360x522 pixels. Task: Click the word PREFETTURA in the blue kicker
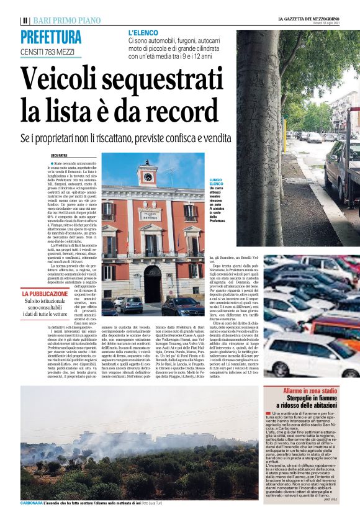click(x=51, y=37)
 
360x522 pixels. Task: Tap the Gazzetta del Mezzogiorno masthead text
click(x=308, y=20)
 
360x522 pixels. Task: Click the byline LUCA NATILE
click(x=60, y=156)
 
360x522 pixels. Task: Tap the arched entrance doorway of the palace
click(x=151, y=284)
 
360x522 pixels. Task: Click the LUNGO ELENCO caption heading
click(x=216, y=182)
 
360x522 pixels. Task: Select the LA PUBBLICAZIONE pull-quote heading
click(x=45, y=294)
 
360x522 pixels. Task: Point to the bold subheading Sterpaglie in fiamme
click(x=310, y=398)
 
